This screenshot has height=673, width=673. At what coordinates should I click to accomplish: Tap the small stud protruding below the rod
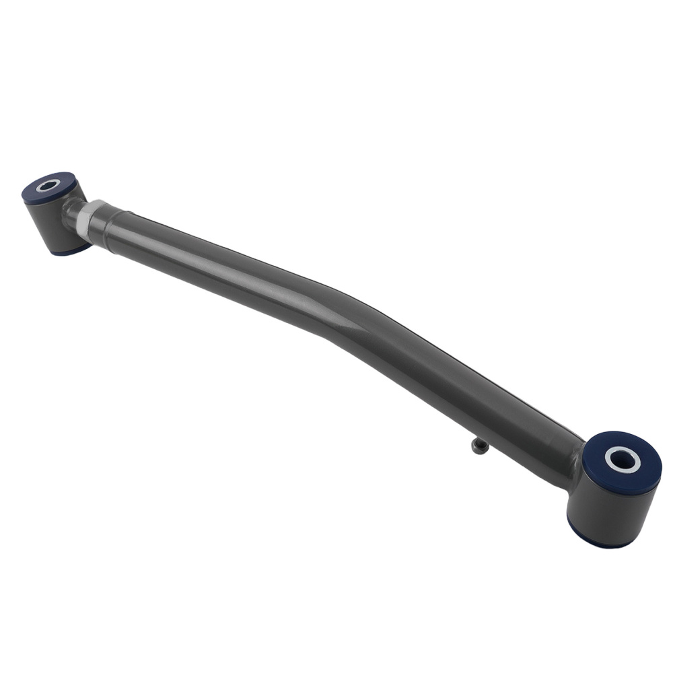pos(479,447)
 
